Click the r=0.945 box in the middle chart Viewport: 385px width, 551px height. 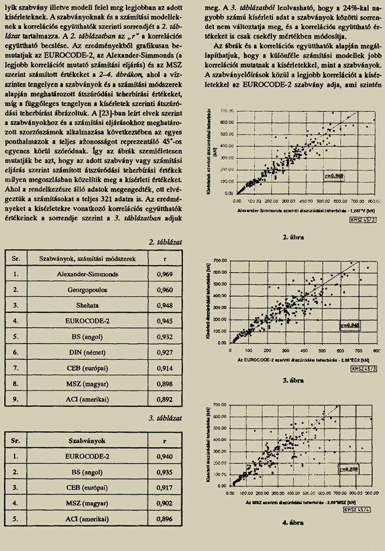[x=349, y=325]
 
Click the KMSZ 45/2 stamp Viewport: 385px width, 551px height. [x=363, y=220]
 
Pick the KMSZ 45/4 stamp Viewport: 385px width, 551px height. [x=358, y=510]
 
